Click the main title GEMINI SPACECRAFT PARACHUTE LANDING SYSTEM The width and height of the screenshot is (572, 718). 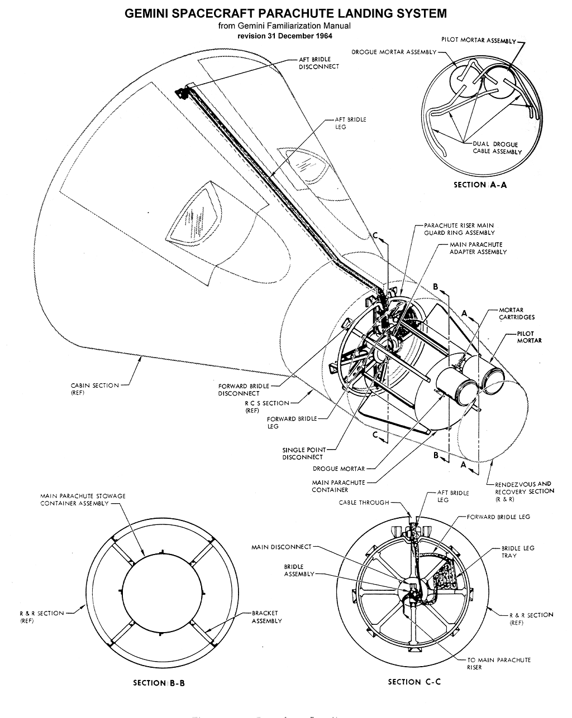coord(285,13)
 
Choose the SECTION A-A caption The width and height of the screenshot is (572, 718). coord(480,185)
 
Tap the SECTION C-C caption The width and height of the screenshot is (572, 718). coord(414,682)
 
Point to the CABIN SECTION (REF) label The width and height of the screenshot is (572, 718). coord(94,389)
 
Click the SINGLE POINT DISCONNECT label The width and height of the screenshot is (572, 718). coord(302,453)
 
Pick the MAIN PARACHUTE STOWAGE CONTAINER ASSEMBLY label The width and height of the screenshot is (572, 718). coord(83,499)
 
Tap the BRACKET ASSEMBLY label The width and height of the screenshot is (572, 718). coord(266,617)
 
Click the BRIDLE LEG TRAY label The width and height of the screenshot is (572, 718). coord(518,552)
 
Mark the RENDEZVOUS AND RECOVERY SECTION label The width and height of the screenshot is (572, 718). coord(524,491)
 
